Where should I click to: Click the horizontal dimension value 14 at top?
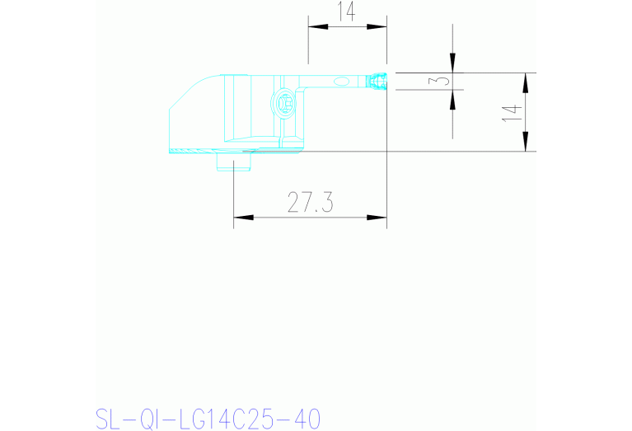pyautogui.click(x=346, y=11)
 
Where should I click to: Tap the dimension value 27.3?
pyautogui.click(x=310, y=202)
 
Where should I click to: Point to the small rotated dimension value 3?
pyautogui.click(x=442, y=81)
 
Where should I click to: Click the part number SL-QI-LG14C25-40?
pyautogui.click(x=208, y=418)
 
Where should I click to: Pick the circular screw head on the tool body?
pyautogui.click(x=283, y=104)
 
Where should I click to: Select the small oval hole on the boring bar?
pyautogui.click(x=339, y=81)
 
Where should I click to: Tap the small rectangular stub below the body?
pyautogui.click(x=233, y=161)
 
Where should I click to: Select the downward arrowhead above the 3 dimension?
pyautogui.click(x=452, y=63)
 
